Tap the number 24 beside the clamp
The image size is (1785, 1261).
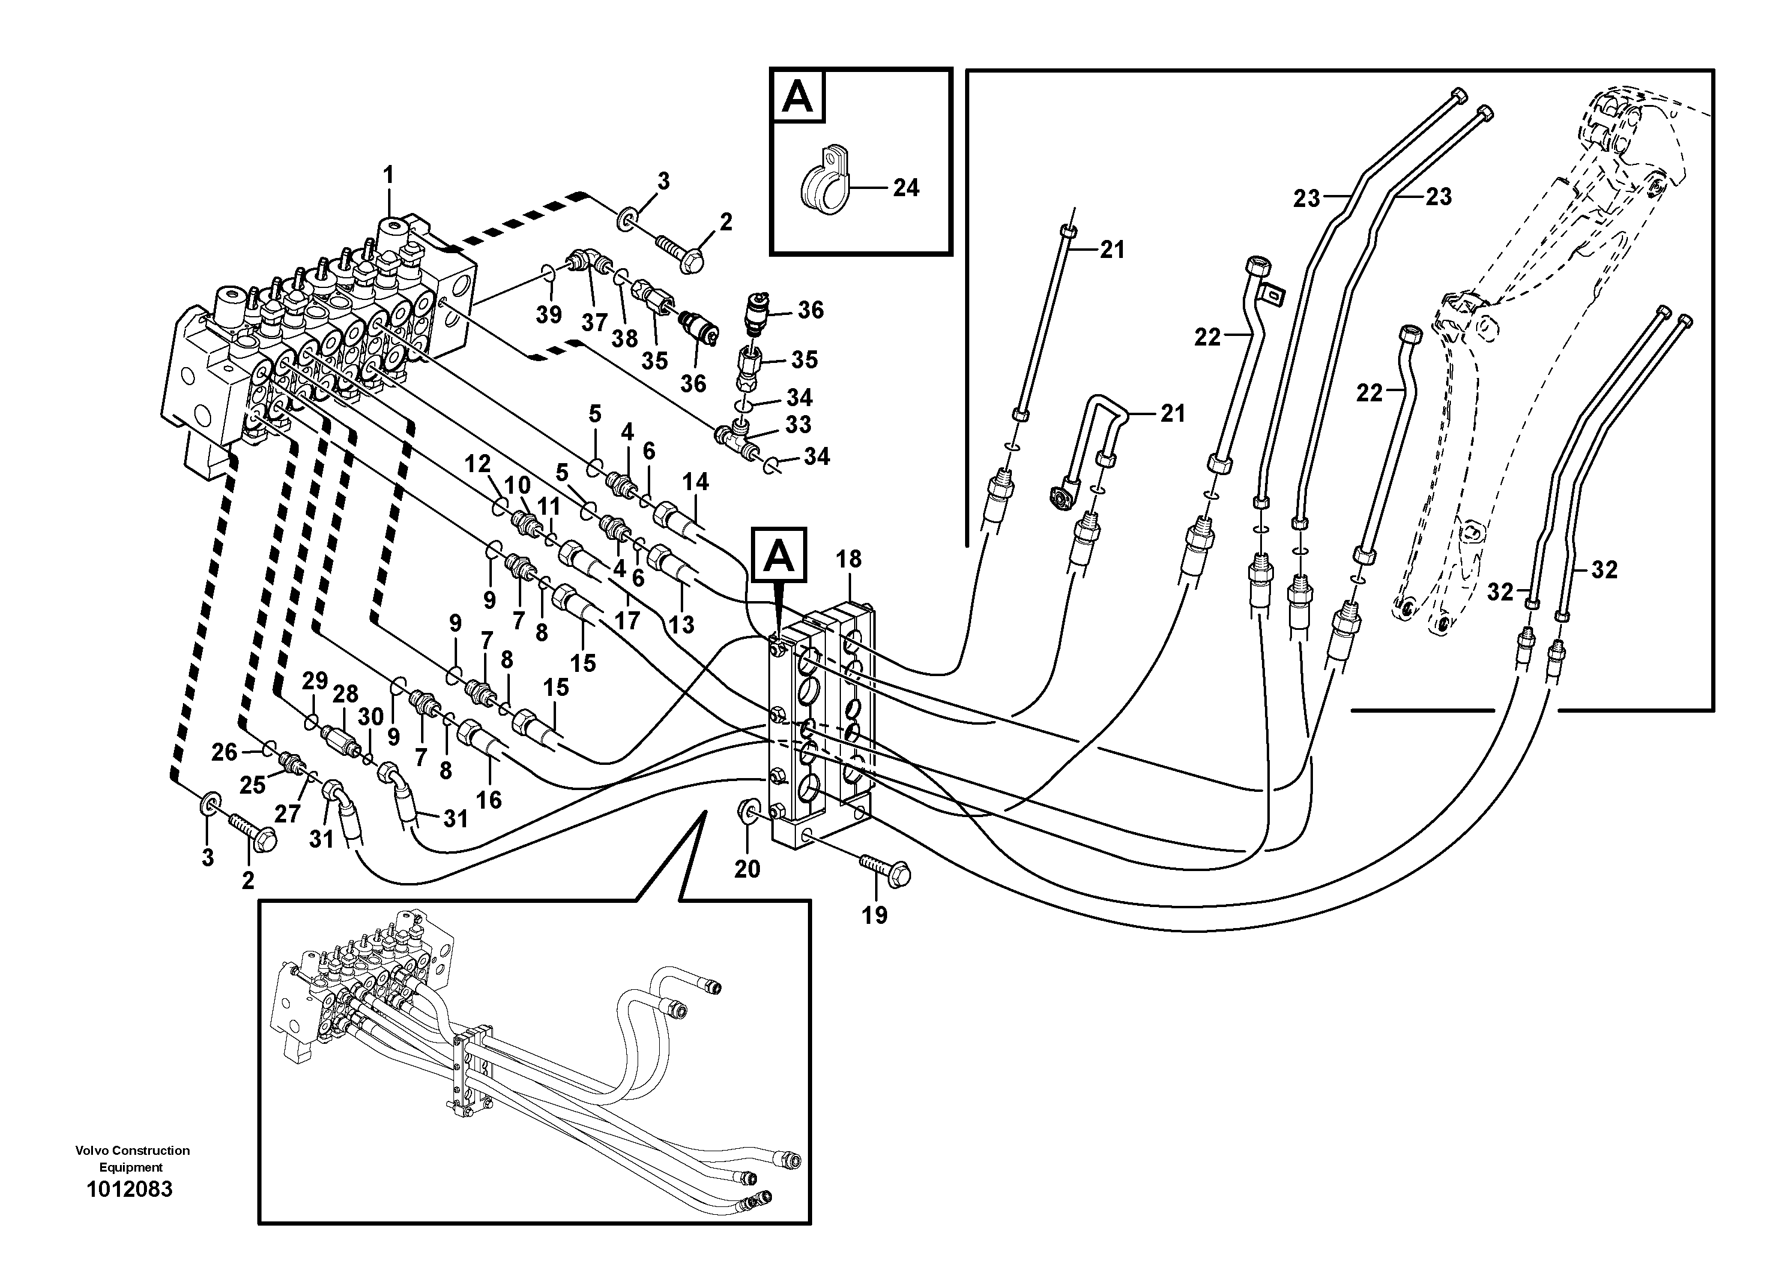(906, 188)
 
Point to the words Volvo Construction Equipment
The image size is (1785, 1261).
(132, 1158)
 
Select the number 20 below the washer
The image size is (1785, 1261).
(747, 869)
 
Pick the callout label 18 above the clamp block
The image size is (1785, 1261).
(849, 559)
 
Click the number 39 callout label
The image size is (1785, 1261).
(548, 315)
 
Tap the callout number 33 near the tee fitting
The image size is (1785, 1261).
(798, 425)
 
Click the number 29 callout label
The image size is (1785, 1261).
(315, 681)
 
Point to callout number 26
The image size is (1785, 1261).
(225, 752)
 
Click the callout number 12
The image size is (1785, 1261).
(477, 464)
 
